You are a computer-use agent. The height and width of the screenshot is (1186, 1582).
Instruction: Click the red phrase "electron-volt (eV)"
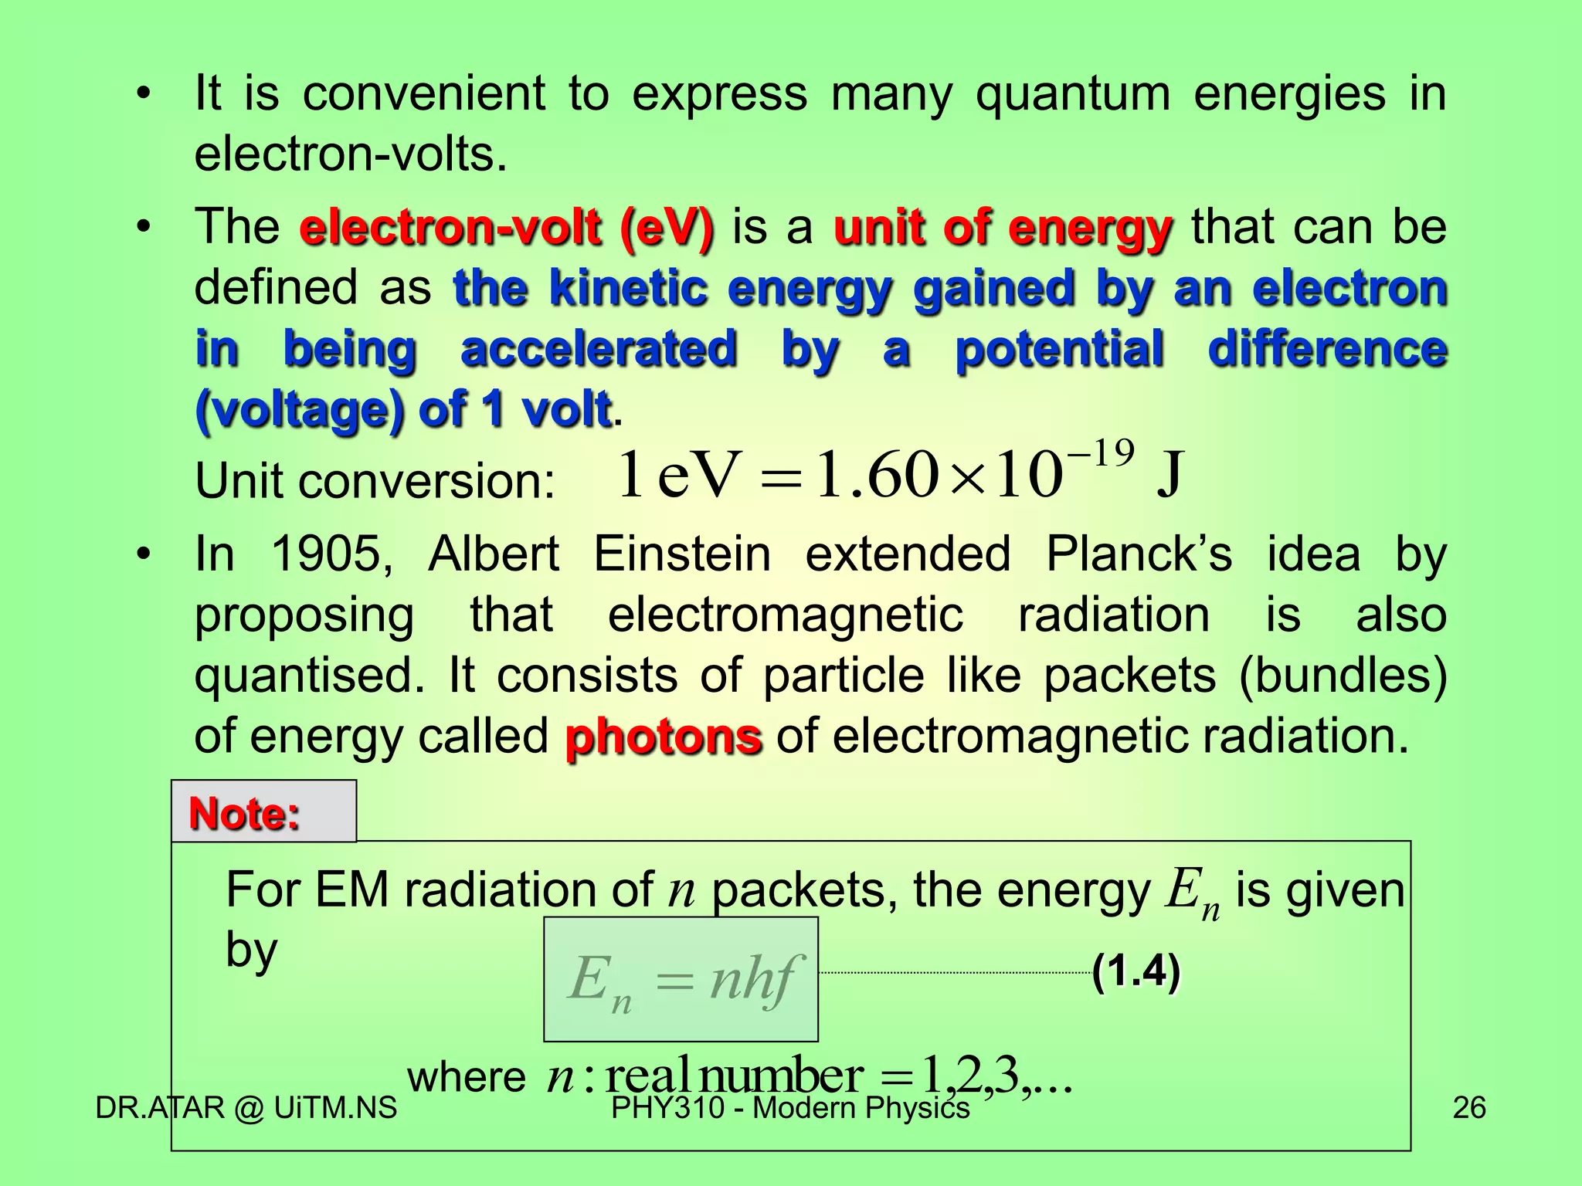(507, 228)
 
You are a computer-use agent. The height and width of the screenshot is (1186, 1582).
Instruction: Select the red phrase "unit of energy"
(1003, 228)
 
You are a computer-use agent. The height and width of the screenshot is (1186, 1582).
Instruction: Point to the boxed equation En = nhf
(681, 979)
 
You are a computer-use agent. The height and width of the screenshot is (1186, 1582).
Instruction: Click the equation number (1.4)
(1136, 971)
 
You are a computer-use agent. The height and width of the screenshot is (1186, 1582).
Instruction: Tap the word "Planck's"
(1139, 554)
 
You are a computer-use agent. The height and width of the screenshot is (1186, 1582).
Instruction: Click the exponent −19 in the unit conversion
(1100, 453)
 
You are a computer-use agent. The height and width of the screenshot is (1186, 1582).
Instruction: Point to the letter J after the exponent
(1169, 474)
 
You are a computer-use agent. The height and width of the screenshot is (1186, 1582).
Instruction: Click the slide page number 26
(1468, 1107)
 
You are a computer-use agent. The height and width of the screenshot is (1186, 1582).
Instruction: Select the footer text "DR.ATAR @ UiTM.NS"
(246, 1107)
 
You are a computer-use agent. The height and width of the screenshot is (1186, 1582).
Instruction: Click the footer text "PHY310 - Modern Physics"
(789, 1107)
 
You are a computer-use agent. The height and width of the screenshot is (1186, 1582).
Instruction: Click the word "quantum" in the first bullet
(1072, 94)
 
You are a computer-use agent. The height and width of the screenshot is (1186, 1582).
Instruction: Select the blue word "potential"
(1059, 348)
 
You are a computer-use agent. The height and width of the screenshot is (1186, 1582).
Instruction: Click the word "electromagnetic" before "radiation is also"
(786, 615)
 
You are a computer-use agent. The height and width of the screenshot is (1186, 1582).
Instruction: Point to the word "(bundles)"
(1343, 675)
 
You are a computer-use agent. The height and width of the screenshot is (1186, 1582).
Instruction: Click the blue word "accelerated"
(599, 348)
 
